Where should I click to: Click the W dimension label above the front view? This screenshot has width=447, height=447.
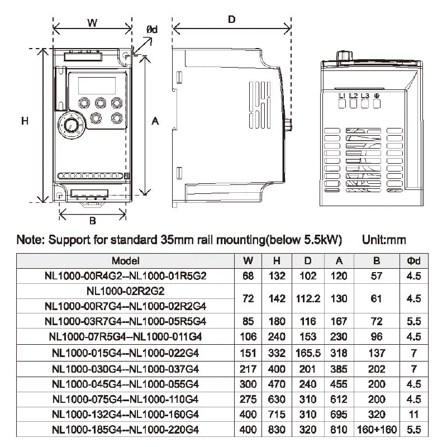92,22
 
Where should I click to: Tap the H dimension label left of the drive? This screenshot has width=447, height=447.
25,121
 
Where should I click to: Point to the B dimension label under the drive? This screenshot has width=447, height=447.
93,221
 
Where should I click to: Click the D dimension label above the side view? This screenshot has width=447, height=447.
232,20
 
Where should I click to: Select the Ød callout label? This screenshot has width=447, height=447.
152,30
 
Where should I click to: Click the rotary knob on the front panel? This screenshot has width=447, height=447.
70,125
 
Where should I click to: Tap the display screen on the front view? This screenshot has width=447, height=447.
97,85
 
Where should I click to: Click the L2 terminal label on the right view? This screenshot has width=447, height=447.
353,96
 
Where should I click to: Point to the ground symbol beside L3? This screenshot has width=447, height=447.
377,96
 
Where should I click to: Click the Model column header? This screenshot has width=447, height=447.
125,260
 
